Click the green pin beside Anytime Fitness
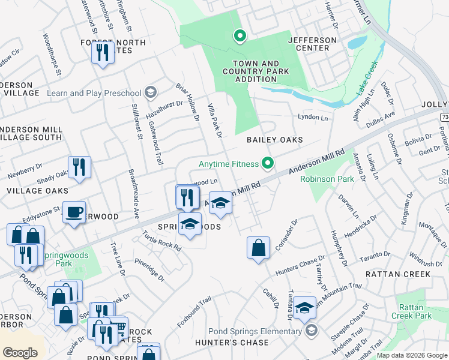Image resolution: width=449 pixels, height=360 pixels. coord(268,163)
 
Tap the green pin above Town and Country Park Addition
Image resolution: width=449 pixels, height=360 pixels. coord(240,37)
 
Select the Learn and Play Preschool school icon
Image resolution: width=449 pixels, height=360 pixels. coord(150,92)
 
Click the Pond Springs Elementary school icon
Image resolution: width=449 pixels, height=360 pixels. coord(311,331)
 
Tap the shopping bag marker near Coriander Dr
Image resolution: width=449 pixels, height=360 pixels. coord(258,247)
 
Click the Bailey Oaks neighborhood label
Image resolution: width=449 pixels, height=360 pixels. coord(274,139)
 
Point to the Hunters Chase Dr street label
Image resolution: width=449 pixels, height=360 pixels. coord(300,265)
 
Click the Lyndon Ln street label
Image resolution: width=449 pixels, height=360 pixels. coord(313,118)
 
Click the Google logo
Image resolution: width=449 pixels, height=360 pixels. coord(20,352)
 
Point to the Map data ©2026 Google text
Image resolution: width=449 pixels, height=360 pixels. coord(412,355)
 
